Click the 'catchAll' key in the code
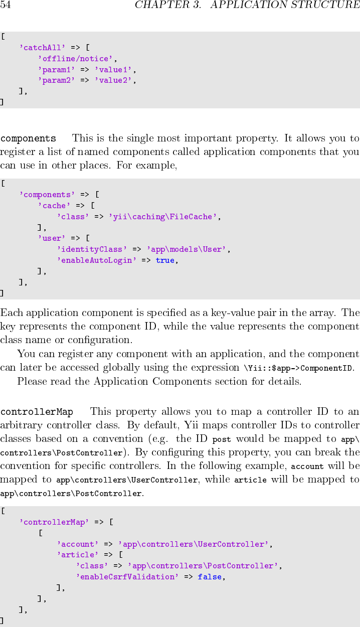43,48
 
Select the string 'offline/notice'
77,59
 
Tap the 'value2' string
115,80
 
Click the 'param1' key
56,70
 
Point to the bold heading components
28,138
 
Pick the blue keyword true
165,260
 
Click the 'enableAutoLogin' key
96,260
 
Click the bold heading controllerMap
37,412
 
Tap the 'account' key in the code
78,544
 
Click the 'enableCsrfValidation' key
127,577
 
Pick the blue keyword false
210,577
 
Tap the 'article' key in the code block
78,555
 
